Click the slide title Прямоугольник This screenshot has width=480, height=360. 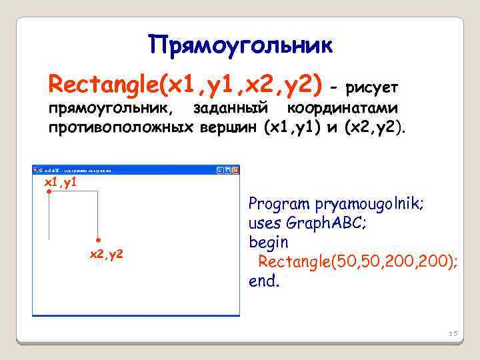tap(240, 45)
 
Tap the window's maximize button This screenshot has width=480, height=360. tap(227, 171)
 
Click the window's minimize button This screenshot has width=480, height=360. tap(219, 171)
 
